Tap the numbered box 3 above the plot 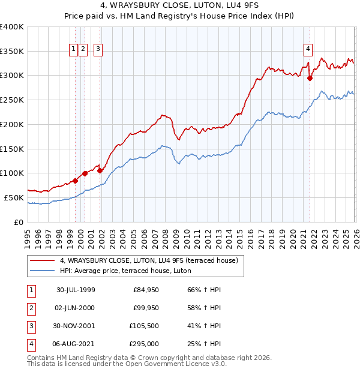click(x=98, y=50)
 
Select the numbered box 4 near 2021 click(x=308, y=50)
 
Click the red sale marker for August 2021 click(x=310, y=77)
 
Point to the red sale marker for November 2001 click(x=100, y=170)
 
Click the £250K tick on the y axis click(x=12, y=100)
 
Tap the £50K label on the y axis click(x=14, y=197)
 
